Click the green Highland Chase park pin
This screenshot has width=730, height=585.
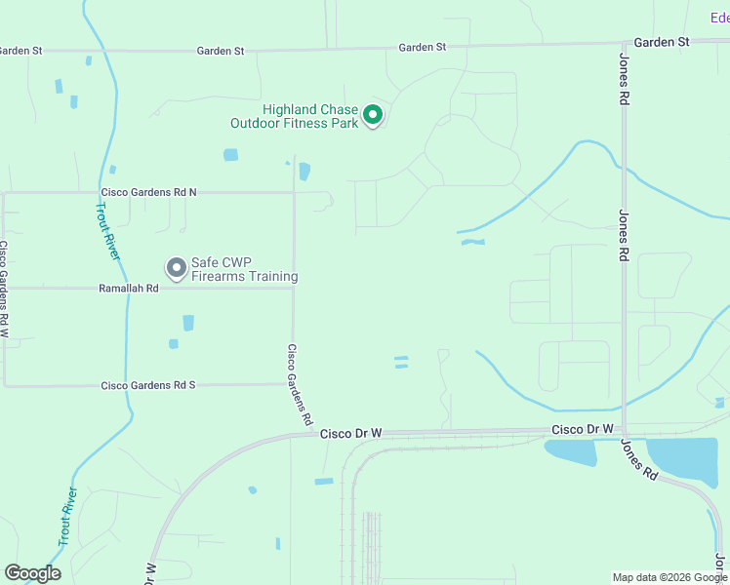pos(372,115)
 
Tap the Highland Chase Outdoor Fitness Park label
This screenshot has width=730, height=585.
pos(294,117)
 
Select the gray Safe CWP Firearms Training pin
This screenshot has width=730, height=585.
pos(177,266)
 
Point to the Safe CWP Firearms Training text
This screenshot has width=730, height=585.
pos(244,270)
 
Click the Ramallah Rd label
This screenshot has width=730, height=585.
pos(129,289)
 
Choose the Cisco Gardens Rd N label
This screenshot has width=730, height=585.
pos(148,193)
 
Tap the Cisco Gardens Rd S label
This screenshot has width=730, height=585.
pos(148,385)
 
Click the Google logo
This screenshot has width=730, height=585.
pos(32,573)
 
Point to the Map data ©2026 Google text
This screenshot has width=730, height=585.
pos(669,577)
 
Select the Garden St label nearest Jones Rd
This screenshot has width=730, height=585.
pos(661,42)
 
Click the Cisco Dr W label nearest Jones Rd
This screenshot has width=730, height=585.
pos(582,429)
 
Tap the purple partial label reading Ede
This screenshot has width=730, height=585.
pos(719,18)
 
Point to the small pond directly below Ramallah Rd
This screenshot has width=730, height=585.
pos(187,323)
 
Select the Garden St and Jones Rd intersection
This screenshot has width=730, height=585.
pos(624,43)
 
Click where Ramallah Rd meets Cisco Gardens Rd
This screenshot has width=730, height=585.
pos(294,288)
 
